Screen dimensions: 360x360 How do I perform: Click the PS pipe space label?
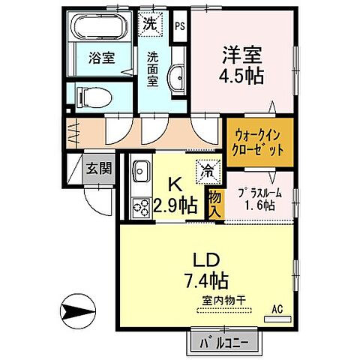click(x=179, y=25)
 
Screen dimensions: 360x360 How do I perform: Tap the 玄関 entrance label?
click(x=97, y=168)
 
